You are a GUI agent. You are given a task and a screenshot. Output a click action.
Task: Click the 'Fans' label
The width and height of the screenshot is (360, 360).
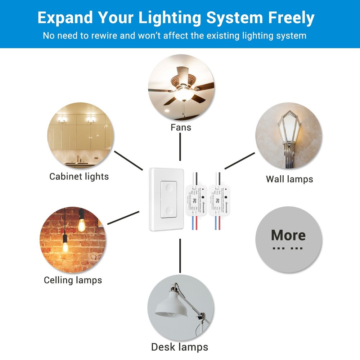tap(181, 127)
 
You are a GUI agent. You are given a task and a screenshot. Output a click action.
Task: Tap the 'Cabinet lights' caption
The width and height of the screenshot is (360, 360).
tap(79, 176)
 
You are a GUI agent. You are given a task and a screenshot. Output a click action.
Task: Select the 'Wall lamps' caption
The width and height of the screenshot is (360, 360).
tap(289, 179)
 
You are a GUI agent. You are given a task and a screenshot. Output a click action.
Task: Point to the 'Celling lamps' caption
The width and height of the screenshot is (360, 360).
tap(73, 280)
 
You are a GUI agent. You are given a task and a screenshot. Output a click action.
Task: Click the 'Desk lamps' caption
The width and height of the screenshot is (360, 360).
tap(179, 347)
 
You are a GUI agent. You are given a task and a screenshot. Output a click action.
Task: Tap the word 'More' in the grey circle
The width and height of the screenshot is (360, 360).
tap(288, 235)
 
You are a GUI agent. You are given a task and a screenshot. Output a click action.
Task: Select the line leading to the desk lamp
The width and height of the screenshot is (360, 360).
tap(179, 256)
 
